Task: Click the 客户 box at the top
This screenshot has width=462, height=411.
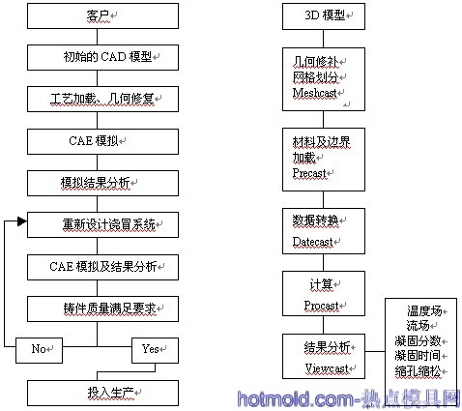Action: pyautogui.click(x=102, y=15)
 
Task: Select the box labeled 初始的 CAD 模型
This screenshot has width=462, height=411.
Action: pyautogui.click(x=102, y=57)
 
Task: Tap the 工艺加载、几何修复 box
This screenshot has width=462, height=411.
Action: pyautogui.click(x=102, y=99)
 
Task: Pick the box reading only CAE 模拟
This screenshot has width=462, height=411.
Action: pyautogui.click(x=102, y=141)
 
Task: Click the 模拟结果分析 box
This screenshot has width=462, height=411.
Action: pyautogui.click(x=102, y=183)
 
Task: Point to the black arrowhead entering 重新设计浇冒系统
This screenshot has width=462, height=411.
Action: pyautogui.click(x=22, y=221)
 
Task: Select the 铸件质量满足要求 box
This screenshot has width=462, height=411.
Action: pyautogui.click(x=102, y=308)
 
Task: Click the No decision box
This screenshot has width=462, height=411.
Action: pyautogui.click(x=39, y=350)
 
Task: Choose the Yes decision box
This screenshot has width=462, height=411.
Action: pyautogui.click(x=155, y=350)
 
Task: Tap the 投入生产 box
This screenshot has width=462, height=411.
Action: pyautogui.click(x=102, y=393)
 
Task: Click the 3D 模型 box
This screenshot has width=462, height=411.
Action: pyautogui.click(x=324, y=16)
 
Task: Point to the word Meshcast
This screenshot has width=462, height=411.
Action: pyautogui.click(x=315, y=93)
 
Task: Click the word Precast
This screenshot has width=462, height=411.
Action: pyautogui.click(x=309, y=173)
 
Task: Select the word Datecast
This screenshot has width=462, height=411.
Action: pyautogui.click(x=312, y=242)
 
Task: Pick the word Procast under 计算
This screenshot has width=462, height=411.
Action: pyautogui.click(x=321, y=306)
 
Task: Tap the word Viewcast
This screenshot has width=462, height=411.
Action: pyautogui.click(x=327, y=368)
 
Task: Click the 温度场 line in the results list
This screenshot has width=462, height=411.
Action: pyautogui.click(x=424, y=311)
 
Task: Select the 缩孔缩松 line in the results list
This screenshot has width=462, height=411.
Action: pyautogui.click(x=418, y=371)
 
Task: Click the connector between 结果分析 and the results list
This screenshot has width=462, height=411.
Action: pyautogui.click(x=375, y=351)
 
